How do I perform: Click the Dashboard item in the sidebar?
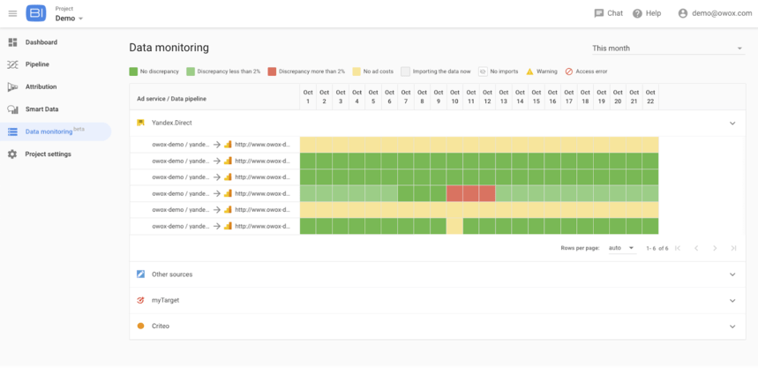41,42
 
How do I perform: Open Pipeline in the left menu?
37,64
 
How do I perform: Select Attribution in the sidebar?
41,86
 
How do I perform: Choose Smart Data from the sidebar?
41,109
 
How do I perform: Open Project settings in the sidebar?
48,154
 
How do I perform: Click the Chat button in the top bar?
608,13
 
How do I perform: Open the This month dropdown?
667,49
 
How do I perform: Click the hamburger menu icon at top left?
12,13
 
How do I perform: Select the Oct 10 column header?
454,97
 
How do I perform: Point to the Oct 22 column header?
650,97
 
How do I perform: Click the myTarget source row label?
165,300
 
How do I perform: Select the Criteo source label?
160,327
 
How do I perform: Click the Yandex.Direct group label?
171,123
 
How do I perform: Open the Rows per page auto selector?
621,248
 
